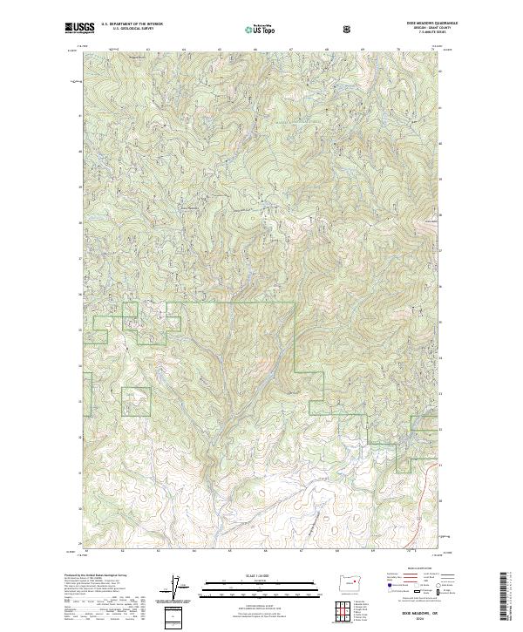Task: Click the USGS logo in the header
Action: click(x=79, y=28)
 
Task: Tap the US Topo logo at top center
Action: click(x=261, y=28)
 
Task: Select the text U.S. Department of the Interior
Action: click(x=132, y=24)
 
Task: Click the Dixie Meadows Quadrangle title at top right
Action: click(x=420, y=24)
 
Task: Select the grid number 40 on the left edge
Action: click(x=80, y=150)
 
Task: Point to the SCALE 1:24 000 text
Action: click(x=261, y=571)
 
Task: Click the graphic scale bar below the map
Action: click(x=261, y=582)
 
